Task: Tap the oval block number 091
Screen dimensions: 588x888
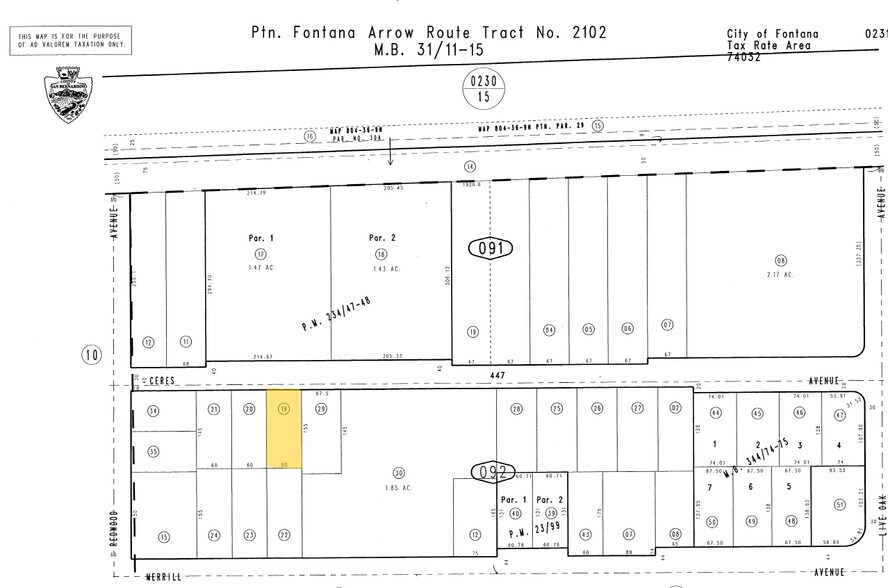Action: [490, 247]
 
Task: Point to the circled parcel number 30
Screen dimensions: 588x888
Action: [398, 473]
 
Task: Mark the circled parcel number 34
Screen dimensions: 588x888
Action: [153, 411]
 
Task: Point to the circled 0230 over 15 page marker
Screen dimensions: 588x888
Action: [484, 88]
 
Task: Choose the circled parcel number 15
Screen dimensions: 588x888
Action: [163, 537]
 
